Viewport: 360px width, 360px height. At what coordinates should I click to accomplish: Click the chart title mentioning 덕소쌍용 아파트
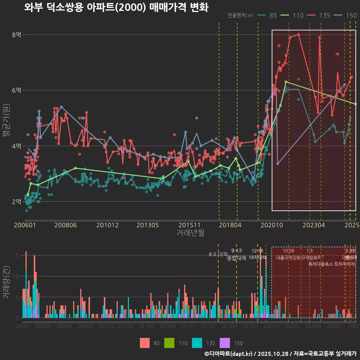(x=116, y=7)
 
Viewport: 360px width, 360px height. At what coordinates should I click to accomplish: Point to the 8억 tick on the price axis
(x=16, y=35)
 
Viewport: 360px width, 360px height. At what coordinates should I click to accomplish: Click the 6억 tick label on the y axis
(x=16, y=90)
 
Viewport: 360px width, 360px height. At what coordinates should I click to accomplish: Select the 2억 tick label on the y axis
(x=16, y=201)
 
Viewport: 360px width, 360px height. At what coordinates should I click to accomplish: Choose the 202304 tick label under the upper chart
(x=313, y=225)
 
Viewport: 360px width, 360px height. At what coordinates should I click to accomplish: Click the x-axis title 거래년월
(x=190, y=233)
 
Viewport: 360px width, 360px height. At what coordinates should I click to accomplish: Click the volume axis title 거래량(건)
(x=6, y=282)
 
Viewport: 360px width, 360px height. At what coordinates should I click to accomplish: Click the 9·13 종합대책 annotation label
(x=237, y=254)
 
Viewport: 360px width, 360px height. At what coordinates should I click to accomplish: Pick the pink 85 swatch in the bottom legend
(x=144, y=343)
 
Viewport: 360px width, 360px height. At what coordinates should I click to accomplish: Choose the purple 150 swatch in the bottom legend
(x=225, y=343)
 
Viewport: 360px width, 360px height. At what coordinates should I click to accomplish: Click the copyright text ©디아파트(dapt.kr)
(x=229, y=354)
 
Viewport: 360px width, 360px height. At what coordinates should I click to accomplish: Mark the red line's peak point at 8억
(x=298, y=34)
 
